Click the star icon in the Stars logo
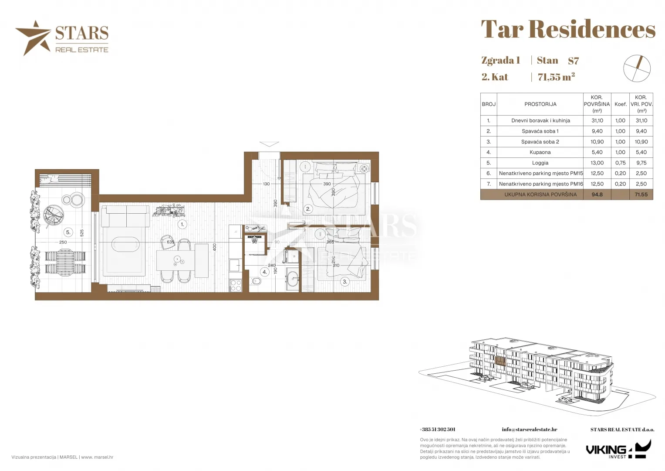(33, 38)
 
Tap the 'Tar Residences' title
(568, 29)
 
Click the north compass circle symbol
(637, 68)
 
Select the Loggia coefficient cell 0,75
(620, 163)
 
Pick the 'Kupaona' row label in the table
(540, 152)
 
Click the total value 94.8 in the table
(597, 195)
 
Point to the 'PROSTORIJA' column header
(540, 104)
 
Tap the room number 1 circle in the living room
(182, 225)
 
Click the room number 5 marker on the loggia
(68, 232)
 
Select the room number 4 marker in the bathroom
(264, 272)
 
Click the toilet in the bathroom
(255, 281)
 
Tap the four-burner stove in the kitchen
(236, 286)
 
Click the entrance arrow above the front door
(269, 144)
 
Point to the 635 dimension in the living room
(170, 242)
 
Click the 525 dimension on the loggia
(81, 233)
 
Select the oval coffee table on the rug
(125, 244)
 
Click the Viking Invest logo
(618, 449)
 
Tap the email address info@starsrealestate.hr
(529, 430)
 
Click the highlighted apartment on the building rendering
(500, 361)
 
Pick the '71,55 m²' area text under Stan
(556, 77)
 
